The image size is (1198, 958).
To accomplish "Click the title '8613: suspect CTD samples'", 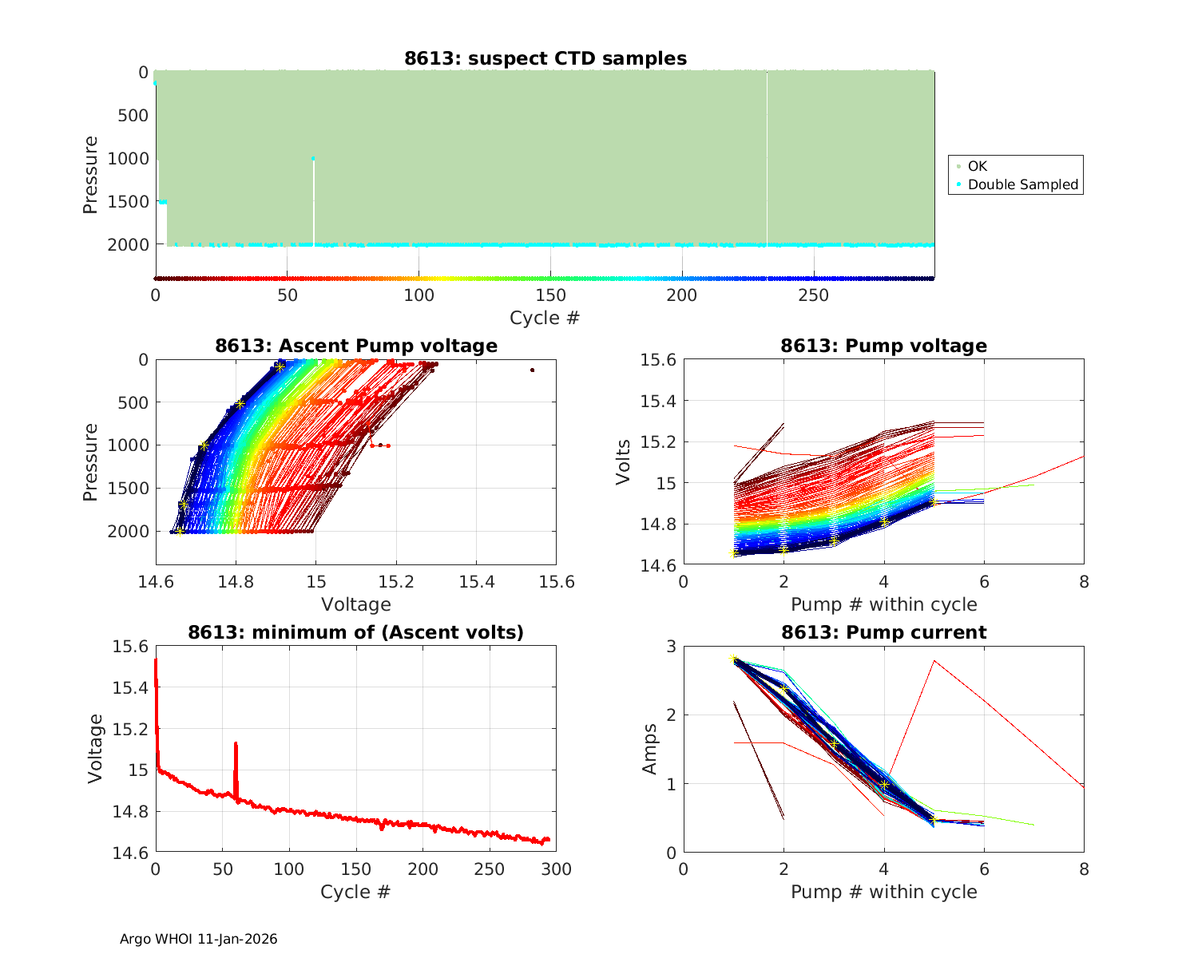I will pos(545,58).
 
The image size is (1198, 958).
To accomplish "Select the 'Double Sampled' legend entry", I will pos(1022,184).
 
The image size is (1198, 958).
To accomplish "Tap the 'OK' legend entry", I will pos(977,166).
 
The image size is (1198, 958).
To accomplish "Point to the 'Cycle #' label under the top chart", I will pos(545,318).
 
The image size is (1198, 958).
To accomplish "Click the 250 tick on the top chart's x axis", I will pos(814,295).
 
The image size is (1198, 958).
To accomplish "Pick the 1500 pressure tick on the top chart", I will pos(128,201).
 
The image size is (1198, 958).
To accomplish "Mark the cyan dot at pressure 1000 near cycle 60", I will pos(313,159).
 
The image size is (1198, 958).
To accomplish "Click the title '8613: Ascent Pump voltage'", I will pos(356,346).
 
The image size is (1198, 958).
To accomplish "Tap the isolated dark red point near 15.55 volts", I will pos(532,370).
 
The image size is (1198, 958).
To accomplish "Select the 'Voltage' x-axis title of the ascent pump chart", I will pos(356,604).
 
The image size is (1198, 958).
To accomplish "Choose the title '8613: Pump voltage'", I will pos(883,346).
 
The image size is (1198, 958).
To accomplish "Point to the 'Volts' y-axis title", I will pos(623,462).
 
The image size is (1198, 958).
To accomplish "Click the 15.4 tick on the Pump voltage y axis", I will pos(657,401).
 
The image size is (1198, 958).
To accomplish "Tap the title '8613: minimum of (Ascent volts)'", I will pos(356,632).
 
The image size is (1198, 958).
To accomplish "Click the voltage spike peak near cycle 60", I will pos(236,743).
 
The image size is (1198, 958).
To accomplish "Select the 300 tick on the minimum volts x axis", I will pos(556,869).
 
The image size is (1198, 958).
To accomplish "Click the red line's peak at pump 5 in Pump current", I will pos(934,661).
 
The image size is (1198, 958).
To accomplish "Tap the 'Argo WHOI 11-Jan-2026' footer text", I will pos(198,939).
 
